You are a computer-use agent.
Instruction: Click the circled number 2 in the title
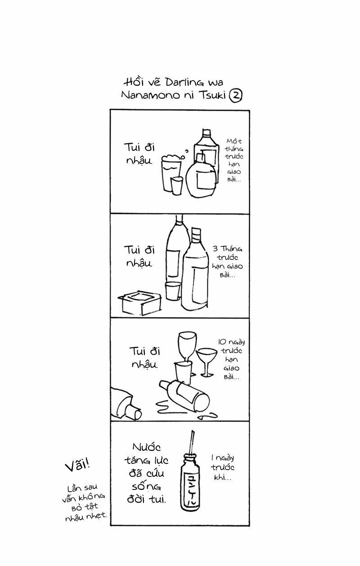pyautogui.click(x=235, y=96)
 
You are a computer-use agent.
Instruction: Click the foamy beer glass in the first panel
pyautogui.click(x=171, y=173)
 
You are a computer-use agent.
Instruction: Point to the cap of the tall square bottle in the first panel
pyautogui.click(x=207, y=133)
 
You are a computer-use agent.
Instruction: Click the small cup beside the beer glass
pyautogui.click(x=176, y=186)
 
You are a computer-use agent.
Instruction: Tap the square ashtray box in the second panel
pyautogui.click(x=139, y=303)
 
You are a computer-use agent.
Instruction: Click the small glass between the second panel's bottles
pyautogui.click(x=173, y=291)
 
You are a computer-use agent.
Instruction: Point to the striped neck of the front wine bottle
pyautogui.click(x=196, y=235)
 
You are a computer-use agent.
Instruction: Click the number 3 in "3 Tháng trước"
pyautogui.click(x=215, y=249)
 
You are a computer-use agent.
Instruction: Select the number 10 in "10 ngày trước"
pyautogui.click(x=222, y=342)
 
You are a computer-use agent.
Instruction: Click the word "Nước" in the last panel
pyautogui.click(x=147, y=447)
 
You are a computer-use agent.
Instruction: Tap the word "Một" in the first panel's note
pyautogui.click(x=234, y=141)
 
